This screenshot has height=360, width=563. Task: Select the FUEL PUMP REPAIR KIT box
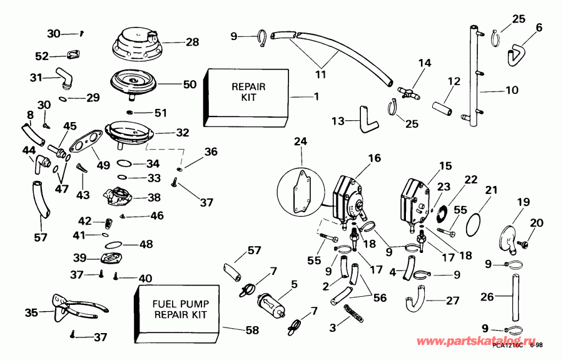tap(177, 309)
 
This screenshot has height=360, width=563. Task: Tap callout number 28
tap(192, 43)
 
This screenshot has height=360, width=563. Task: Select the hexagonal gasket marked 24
tap(301, 187)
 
